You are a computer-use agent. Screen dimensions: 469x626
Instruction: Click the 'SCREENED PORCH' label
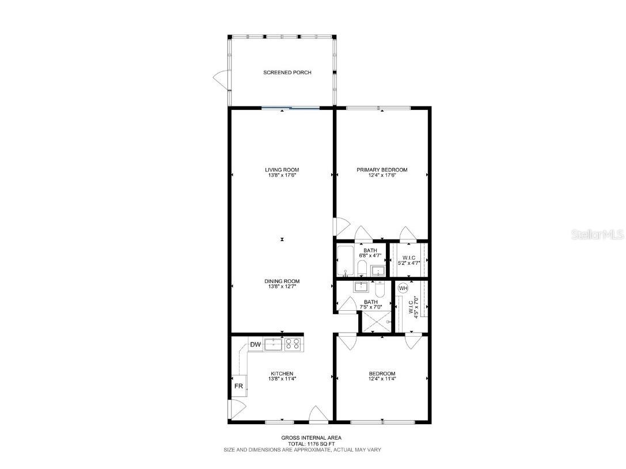(287, 73)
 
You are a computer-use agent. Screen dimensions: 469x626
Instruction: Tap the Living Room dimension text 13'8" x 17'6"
(282, 175)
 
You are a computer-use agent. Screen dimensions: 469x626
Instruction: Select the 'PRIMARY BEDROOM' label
(382, 170)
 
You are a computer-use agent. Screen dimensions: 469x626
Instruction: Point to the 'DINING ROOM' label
(282, 281)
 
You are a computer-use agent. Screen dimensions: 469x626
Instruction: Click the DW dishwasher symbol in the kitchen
(256, 345)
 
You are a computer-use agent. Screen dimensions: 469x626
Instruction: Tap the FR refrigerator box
(238, 386)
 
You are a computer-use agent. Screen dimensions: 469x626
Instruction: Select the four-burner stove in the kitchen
(293, 344)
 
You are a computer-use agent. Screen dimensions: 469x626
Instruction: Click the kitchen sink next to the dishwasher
(273, 344)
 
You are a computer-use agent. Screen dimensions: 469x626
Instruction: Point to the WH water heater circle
(403, 288)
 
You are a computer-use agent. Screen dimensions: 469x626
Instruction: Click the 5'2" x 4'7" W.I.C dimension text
(409, 262)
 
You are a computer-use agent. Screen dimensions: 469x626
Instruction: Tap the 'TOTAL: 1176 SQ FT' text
(302, 444)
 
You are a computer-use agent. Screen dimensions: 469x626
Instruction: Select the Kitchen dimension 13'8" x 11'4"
(282, 379)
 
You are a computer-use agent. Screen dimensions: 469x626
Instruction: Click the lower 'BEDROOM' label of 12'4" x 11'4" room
(382, 373)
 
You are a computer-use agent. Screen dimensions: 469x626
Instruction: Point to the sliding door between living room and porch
(290, 108)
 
